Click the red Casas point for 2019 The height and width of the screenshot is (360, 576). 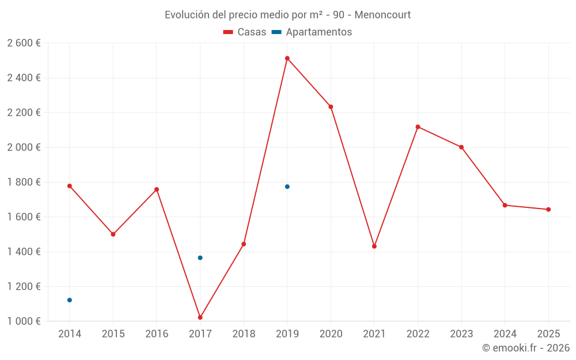pos(287,58)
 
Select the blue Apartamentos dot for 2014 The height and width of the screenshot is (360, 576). pos(70,300)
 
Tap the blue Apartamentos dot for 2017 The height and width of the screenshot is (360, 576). pos(200,257)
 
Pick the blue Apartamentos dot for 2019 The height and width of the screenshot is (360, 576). pos(287,187)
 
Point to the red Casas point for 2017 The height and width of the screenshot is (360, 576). pos(200,317)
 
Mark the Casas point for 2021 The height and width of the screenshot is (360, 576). pos(374,247)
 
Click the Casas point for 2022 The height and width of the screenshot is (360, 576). pos(418,127)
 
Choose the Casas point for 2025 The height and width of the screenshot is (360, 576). pos(548,210)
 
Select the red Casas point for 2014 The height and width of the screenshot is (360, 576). pos(70,186)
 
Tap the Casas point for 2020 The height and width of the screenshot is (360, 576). pos(331,107)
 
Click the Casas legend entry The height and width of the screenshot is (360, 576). pos(245,32)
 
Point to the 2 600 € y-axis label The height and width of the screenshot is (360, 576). pos(24,43)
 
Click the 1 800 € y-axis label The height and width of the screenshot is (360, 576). pos(24,182)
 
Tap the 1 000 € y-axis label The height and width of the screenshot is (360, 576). pos(24,321)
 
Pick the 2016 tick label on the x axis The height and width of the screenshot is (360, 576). pos(157,334)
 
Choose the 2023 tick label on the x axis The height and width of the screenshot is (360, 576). pos(461,334)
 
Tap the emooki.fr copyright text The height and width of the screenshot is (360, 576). pos(525,348)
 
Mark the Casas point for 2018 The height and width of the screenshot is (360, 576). pos(244,244)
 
